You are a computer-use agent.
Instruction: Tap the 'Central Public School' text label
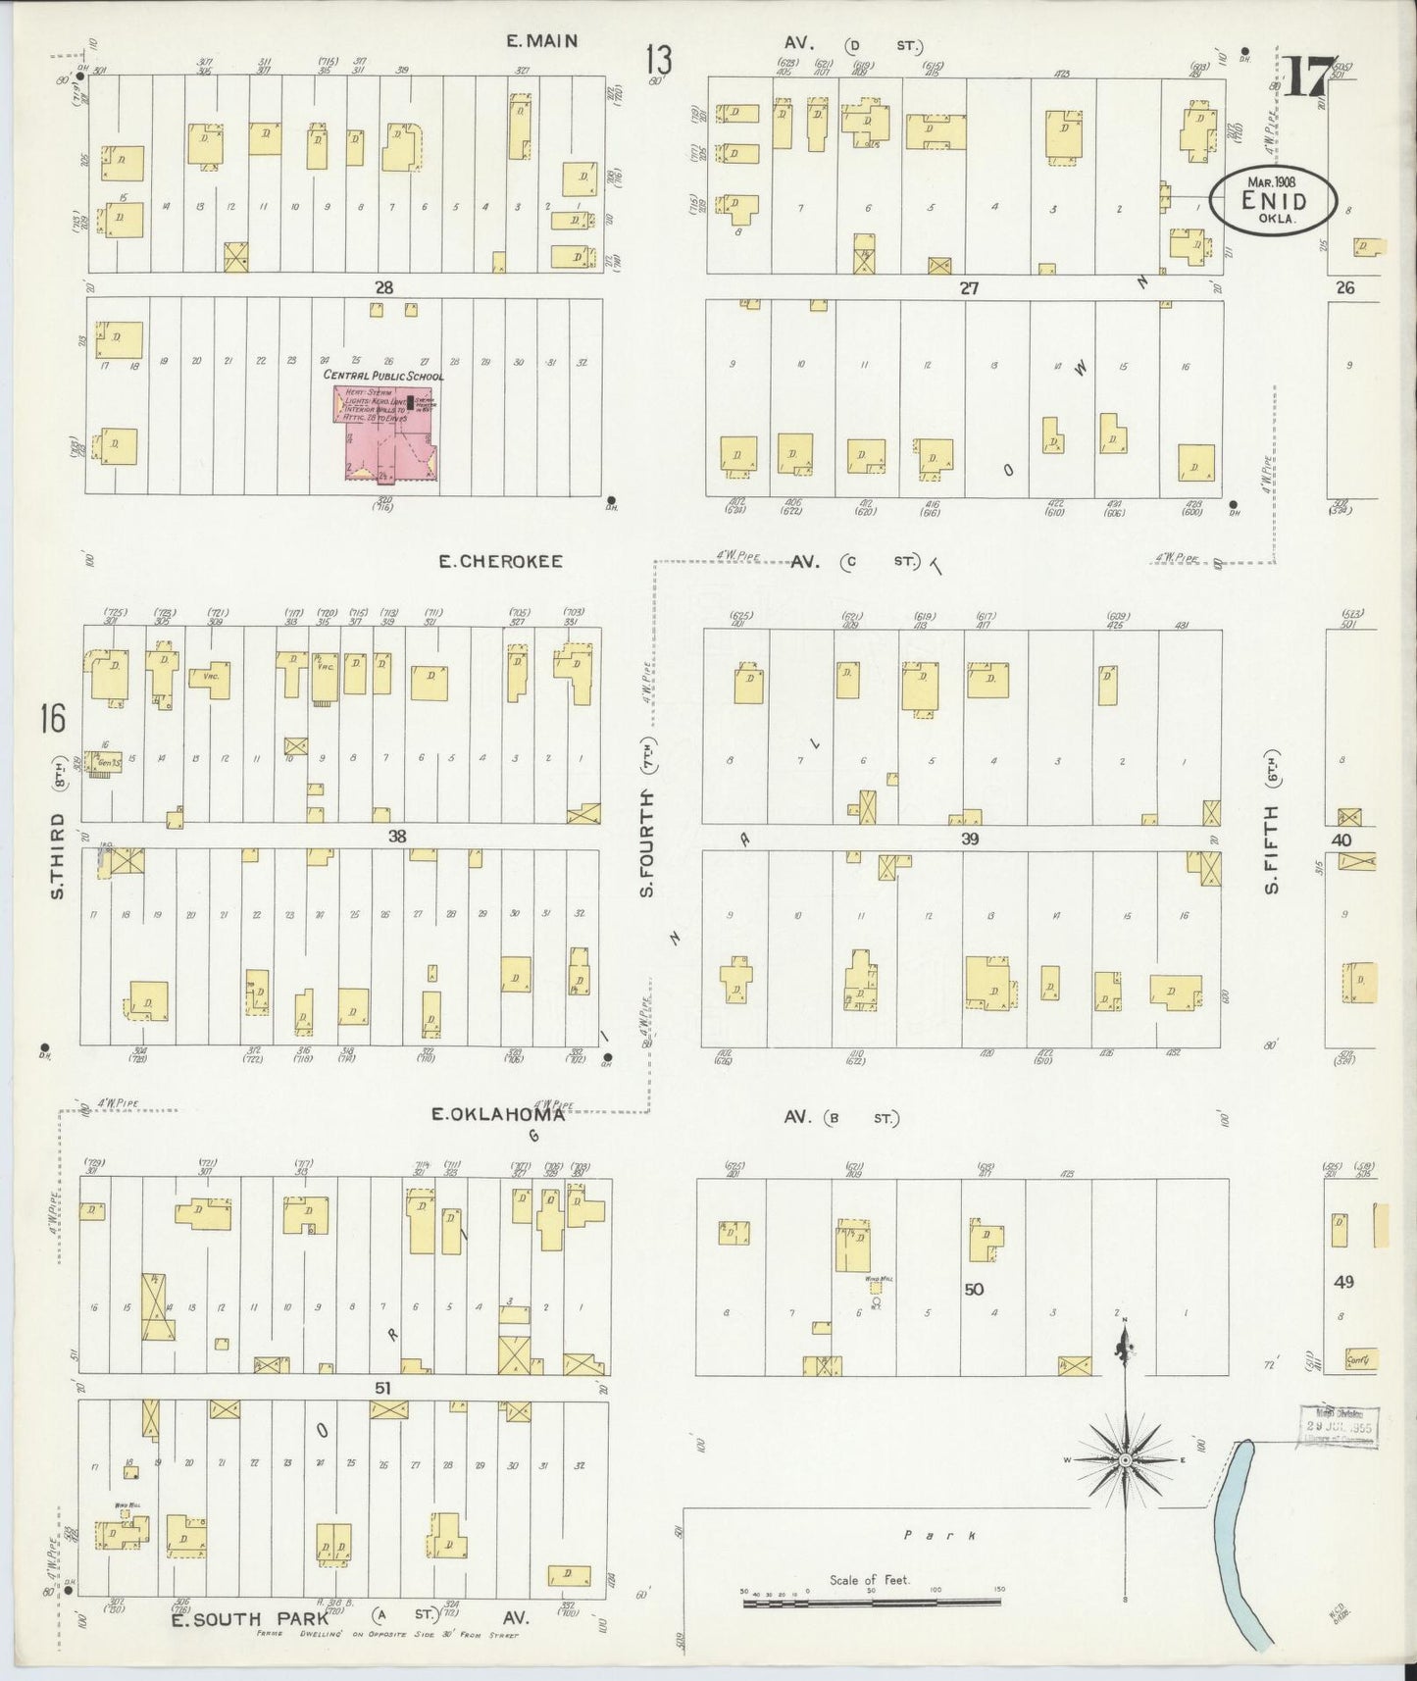[383, 376]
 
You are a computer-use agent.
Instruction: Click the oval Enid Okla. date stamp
[1272, 201]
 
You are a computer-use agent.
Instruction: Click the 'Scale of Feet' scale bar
[871, 1600]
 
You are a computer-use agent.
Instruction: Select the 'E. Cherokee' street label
[500, 562]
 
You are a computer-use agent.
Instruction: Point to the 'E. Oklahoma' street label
[498, 1114]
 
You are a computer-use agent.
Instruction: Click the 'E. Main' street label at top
[541, 41]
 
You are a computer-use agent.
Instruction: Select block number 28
[383, 287]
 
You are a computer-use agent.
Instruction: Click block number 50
[973, 1289]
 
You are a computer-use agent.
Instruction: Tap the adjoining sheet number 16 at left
[52, 719]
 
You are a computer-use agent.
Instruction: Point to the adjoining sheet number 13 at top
[659, 62]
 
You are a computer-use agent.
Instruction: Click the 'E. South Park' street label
[250, 1619]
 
